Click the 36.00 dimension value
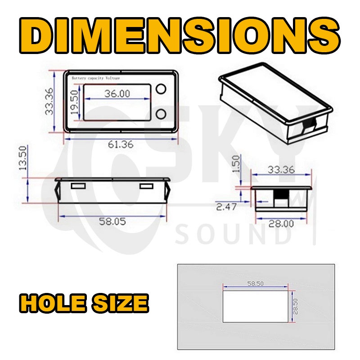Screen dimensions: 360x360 click(x=117, y=94)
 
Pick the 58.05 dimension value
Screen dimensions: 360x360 click(x=112, y=221)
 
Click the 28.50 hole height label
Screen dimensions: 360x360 click(x=296, y=306)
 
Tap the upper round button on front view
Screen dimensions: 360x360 click(x=162, y=90)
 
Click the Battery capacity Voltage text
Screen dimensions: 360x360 click(x=96, y=78)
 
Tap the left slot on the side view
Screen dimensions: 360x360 click(x=78, y=186)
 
